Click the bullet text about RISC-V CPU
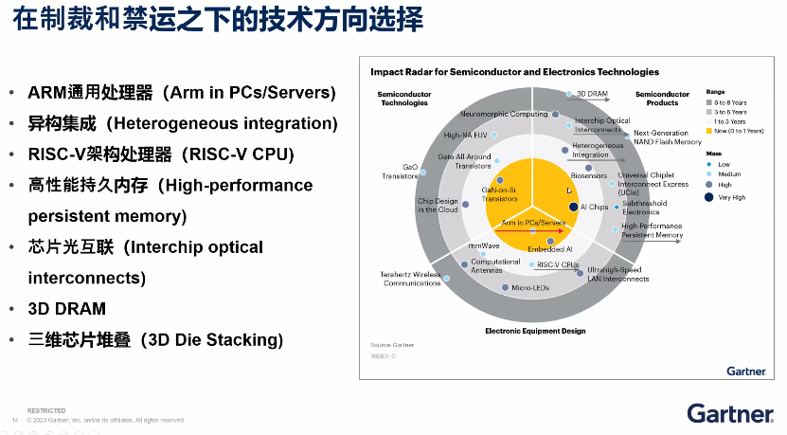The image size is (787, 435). click(x=161, y=154)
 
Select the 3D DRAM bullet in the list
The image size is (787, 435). click(x=66, y=309)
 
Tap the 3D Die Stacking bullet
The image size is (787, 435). click(x=155, y=339)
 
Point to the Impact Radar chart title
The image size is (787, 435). click(x=514, y=72)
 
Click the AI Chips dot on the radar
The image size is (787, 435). click(x=573, y=207)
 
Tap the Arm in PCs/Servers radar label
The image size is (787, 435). click(x=533, y=222)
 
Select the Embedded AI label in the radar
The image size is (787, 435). click(x=549, y=248)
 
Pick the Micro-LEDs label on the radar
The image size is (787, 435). click(x=530, y=287)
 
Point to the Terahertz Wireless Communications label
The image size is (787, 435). click(x=411, y=279)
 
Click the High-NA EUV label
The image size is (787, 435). click(x=464, y=135)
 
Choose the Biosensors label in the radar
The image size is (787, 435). click(x=588, y=176)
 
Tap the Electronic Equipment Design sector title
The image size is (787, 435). click(x=534, y=331)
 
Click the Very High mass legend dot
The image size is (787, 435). click(x=709, y=197)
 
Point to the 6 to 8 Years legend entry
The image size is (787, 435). click(x=730, y=101)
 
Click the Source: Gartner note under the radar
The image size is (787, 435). click(x=389, y=347)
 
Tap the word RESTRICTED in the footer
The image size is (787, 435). click(x=46, y=410)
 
